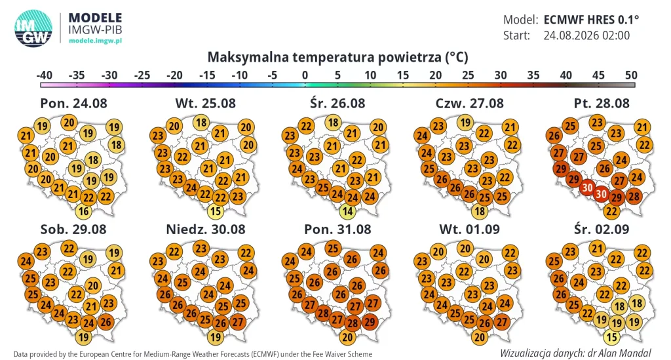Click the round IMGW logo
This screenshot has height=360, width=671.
pos(33,28)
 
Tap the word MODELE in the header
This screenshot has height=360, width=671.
pos(95,18)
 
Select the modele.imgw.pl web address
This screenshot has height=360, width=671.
pos(95,41)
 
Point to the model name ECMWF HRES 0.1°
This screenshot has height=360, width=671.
pos(591,20)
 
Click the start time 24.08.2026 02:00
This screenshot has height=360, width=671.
pos(586,35)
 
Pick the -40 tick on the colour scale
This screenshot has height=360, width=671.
pos(44,75)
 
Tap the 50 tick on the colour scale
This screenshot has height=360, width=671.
pos(631,75)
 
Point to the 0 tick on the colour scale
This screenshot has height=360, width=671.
pos(305,75)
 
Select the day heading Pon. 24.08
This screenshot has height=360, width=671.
pos(73,103)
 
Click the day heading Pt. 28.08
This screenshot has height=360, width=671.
pos(602,103)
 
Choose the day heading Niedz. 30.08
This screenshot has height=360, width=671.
pos(206,229)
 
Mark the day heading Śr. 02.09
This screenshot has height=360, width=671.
pos(602,229)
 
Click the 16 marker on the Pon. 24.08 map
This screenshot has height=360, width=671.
pos(83,211)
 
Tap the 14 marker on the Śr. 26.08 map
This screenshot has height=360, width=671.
pos(347,211)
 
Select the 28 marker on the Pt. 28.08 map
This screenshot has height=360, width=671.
pos(634,197)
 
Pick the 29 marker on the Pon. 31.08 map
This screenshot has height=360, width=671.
pos(370,323)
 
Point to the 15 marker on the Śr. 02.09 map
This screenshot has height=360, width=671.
pos(611,337)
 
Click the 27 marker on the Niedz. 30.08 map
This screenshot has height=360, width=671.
pos(237,323)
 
